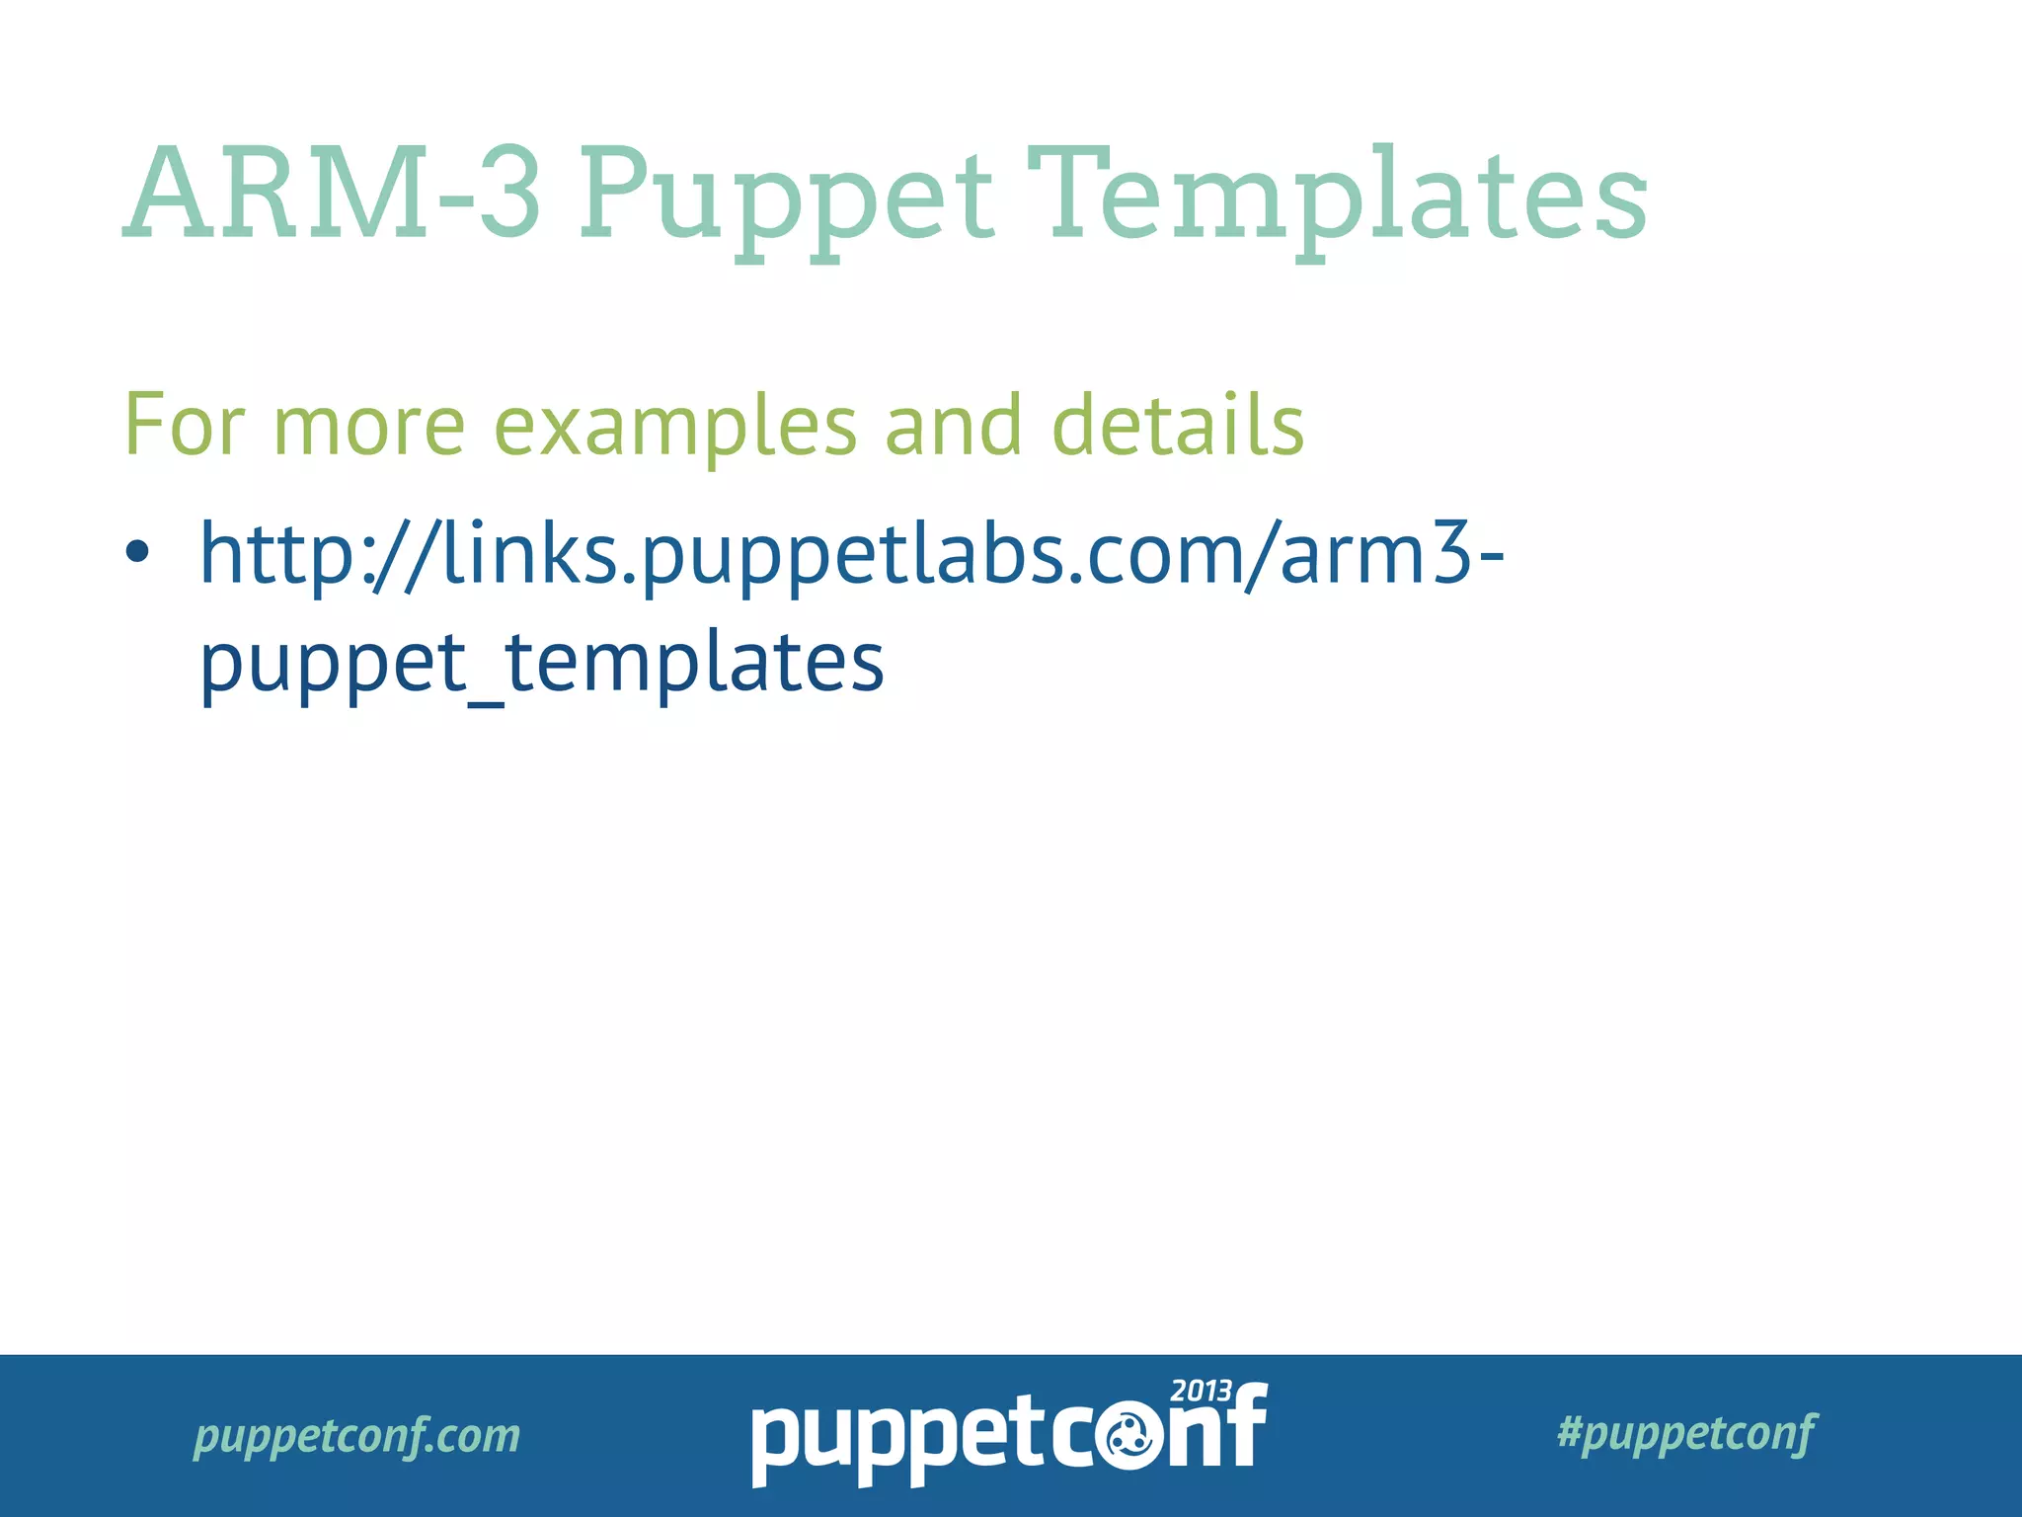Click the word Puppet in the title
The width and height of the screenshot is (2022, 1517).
pyautogui.click(x=785, y=198)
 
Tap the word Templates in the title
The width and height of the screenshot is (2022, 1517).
pyautogui.click(x=1337, y=198)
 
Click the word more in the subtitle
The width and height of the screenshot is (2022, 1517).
pyautogui.click(x=368, y=427)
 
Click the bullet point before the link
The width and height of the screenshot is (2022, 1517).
pyautogui.click(x=137, y=551)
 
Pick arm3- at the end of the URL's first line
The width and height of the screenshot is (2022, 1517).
pyautogui.click(x=1392, y=553)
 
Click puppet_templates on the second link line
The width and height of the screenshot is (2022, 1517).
pyautogui.click(x=541, y=664)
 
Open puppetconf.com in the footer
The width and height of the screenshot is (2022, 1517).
pyautogui.click(x=356, y=1435)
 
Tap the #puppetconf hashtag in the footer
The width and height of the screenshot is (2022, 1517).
pyautogui.click(x=1685, y=1433)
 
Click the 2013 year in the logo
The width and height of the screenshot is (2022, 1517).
pyautogui.click(x=1201, y=1392)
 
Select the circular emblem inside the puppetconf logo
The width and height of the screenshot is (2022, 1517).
pyautogui.click(x=1126, y=1441)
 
